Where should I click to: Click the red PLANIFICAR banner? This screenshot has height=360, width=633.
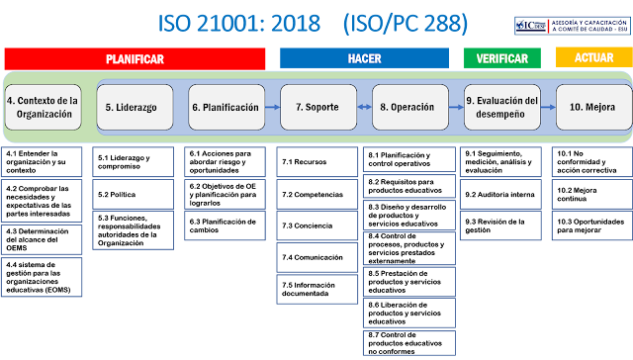(x=135, y=58)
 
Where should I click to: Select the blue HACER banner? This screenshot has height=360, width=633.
(x=364, y=58)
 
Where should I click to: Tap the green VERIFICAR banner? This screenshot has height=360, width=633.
(x=501, y=58)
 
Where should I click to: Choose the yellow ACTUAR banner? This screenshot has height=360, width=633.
(x=593, y=58)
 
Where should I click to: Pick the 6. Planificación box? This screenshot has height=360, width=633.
(x=225, y=107)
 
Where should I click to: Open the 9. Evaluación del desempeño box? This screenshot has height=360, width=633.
(x=501, y=107)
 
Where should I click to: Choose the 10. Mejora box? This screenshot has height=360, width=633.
(x=592, y=107)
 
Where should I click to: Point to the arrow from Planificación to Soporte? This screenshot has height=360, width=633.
(x=271, y=107)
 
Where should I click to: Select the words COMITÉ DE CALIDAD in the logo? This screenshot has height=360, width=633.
(x=588, y=30)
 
